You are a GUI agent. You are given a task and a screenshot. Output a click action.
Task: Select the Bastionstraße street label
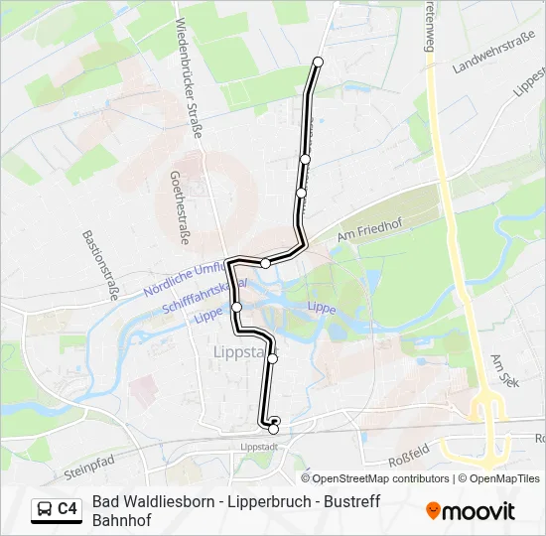[x=101, y=264]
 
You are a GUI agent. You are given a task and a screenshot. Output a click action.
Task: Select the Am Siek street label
[x=504, y=371]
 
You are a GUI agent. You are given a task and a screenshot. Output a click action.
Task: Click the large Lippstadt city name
[x=242, y=351]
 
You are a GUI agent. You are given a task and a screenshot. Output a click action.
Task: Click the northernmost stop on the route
[x=319, y=63]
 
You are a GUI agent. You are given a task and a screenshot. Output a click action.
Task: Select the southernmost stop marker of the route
[x=273, y=429]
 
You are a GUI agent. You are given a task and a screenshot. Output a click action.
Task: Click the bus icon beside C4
[x=45, y=509]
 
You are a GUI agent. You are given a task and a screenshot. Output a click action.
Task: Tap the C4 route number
[x=68, y=509]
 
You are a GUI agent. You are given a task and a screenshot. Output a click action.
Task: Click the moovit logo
[x=471, y=511]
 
